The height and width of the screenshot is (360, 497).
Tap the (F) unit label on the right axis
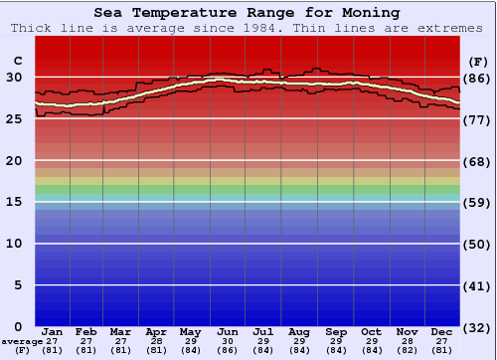point(478,61)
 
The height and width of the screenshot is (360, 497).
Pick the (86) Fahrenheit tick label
point(478,78)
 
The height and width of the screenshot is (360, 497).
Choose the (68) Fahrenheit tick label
point(478,161)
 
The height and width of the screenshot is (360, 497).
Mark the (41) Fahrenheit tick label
point(478,285)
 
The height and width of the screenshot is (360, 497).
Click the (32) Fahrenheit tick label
point(478,327)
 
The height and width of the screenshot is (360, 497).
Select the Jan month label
point(53,331)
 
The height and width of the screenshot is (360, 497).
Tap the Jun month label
point(228,331)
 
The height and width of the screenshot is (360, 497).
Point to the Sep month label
point(335,331)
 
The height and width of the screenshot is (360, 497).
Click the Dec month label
point(442,331)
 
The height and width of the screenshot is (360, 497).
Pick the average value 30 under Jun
point(228,341)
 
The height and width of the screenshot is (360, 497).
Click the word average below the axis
point(22,341)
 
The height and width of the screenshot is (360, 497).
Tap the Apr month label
point(156,331)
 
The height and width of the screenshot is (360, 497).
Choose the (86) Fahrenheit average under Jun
point(228,350)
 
